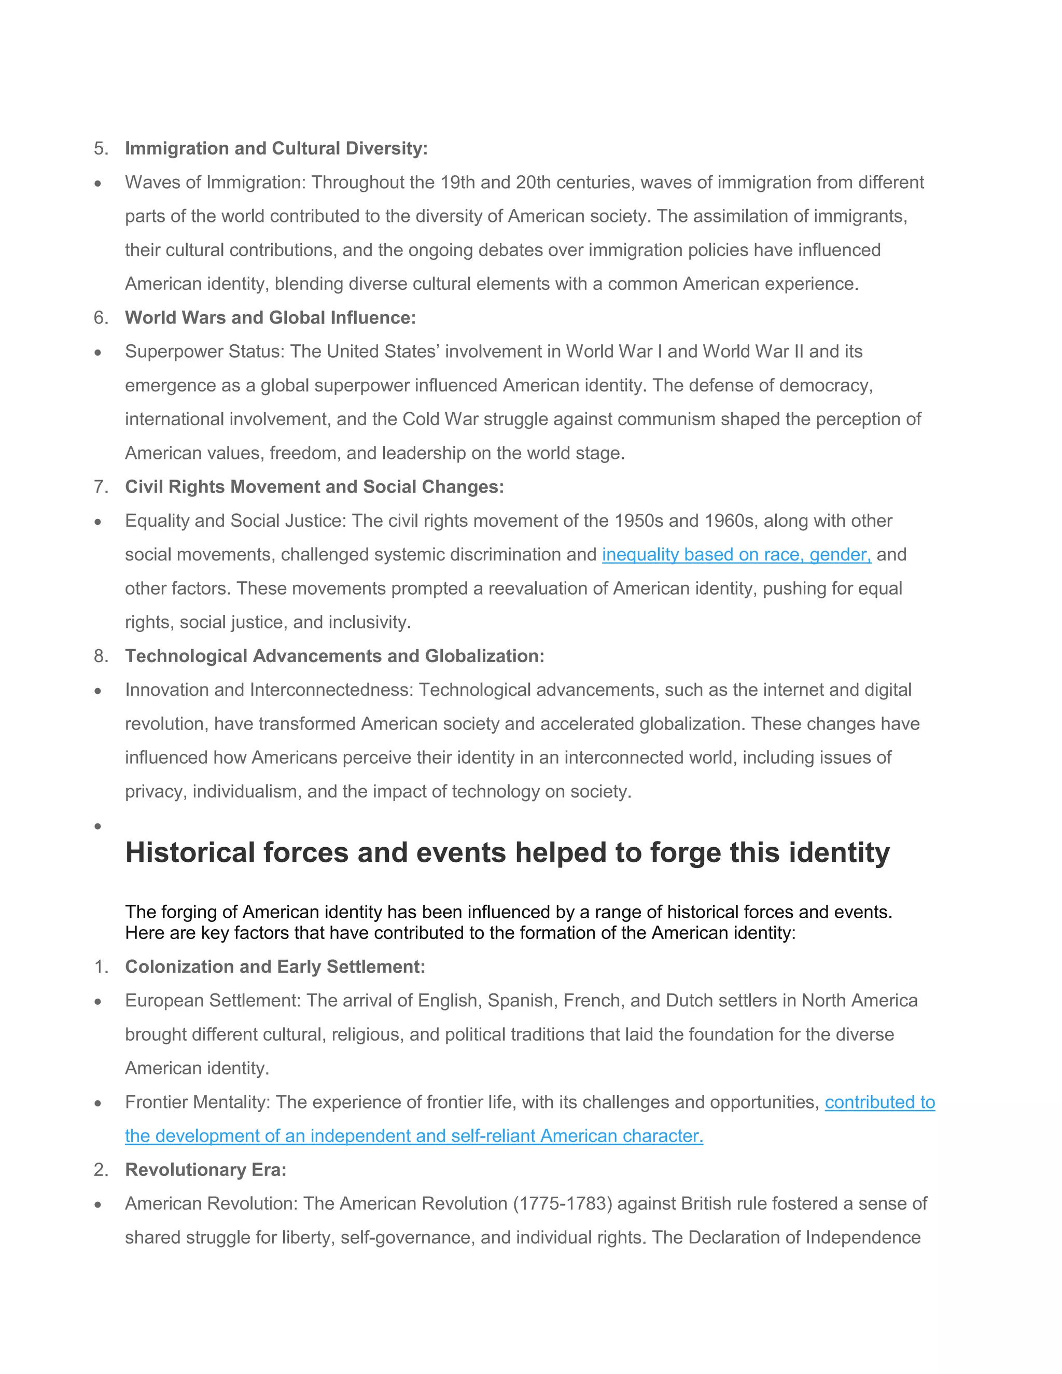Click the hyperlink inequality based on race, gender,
point(736,555)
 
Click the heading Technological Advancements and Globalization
point(334,656)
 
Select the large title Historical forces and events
point(507,852)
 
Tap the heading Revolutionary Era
point(205,1170)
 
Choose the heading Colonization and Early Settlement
point(275,967)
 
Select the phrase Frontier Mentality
point(197,1102)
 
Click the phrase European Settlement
point(212,1000)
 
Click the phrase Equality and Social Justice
point(235,521)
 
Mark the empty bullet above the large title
point(97,826)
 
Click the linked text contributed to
point(879,1102)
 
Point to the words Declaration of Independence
point(805,1238)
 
